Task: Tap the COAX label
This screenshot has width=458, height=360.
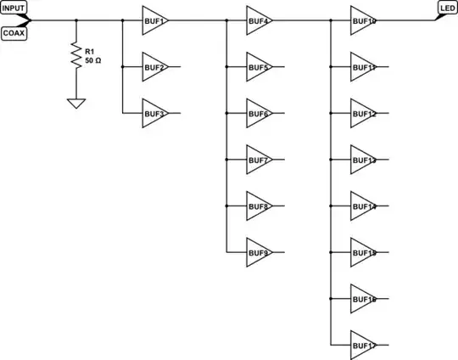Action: (14, 33)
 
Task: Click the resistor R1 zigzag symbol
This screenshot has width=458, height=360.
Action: (75, 58)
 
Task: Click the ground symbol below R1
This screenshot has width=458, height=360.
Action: (75, 103)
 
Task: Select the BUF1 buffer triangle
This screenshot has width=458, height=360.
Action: (154, 20)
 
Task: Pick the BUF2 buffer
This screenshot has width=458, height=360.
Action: (154, 65)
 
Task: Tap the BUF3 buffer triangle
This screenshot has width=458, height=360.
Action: (154, 112)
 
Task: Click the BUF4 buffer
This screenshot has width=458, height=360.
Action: (258, 20)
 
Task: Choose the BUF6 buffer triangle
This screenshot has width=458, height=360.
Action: (258, 112)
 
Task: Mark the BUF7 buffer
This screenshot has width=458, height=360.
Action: (258, 159)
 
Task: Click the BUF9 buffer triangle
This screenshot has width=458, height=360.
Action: (258, 251)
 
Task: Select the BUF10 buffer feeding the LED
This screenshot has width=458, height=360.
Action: (362, 20)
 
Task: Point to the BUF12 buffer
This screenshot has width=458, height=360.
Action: (362, 112)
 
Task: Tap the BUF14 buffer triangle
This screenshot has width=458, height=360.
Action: (362, 205)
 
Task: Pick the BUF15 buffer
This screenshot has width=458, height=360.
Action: (362, 251)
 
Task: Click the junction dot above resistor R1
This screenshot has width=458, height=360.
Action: (75, 20)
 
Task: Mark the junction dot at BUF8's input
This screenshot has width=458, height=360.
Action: (226, 205)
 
